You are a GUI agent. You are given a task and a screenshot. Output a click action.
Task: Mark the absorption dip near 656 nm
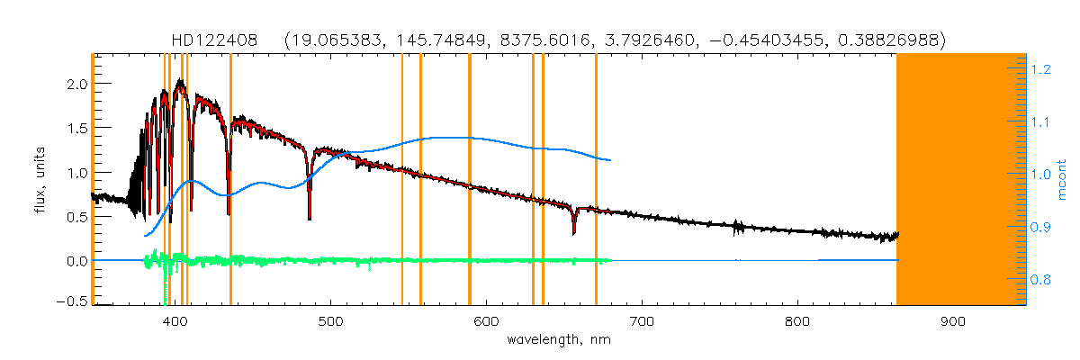click(574, 232)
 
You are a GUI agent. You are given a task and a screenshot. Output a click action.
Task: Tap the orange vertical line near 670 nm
click(596, 180)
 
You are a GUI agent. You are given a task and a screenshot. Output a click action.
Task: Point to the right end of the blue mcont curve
click(611, 160)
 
